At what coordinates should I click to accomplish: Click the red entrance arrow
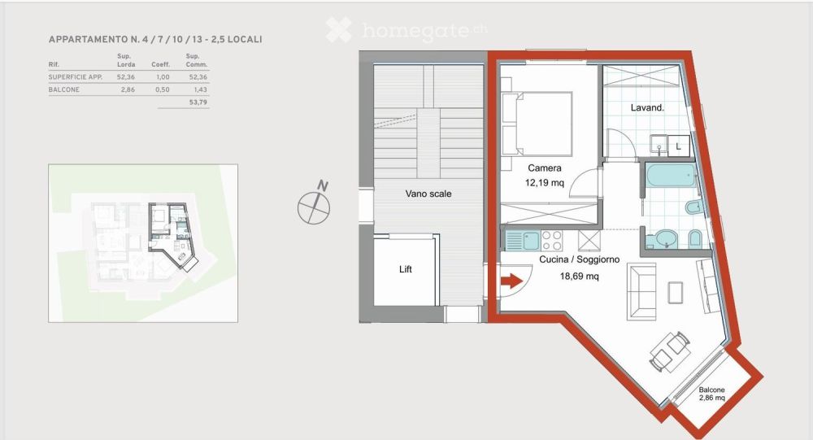(512, 281)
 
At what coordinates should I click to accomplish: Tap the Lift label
(406, 269)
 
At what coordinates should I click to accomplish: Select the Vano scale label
(428, 194)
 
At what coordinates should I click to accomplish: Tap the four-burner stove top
(552, 240)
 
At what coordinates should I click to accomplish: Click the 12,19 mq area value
(545, 183)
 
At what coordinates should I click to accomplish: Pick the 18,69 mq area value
(579, 276)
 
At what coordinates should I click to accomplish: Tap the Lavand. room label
(647, 108)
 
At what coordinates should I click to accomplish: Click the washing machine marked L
(679, 146)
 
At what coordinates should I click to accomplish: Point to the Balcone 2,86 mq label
(711, 394)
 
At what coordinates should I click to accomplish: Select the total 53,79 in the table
(198, 102)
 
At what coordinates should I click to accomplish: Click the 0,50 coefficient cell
(163, 89)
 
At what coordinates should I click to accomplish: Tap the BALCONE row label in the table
(63, 89)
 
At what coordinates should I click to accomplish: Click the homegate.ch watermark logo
(406, 30)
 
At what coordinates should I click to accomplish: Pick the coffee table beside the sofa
(675, 292)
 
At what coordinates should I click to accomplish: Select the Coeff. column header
(161, 64)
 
